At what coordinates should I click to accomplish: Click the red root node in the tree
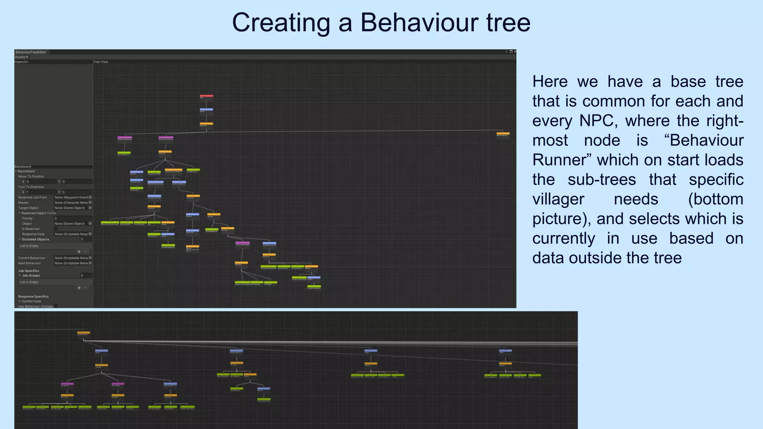tap(206, 96)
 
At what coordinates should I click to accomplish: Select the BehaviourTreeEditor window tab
tap(31, 52)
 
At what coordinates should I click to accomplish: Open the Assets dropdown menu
tap(21, 57)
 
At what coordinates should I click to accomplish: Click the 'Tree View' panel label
tap(101, 62)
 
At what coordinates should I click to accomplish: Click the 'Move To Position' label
tap(31, 177)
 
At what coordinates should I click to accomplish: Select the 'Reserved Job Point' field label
tap(33, 197)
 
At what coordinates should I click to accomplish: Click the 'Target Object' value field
tap(71, 208)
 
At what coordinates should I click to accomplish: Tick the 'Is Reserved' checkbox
tap(56, 229)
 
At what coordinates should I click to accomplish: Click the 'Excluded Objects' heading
tap(35, 239)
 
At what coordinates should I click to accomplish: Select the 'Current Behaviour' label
tap(32, 258)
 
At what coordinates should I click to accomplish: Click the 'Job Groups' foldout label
tap(31, 276)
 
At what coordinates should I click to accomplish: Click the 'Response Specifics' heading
tap(33, 296)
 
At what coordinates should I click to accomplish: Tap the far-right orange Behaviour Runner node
tap(503, 134)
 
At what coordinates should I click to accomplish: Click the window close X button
tap(515, 52)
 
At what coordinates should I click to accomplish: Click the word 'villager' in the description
tap(558, 199)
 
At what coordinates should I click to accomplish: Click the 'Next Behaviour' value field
tap(71, 263)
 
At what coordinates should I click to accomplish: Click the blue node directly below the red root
tap(206, 110)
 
